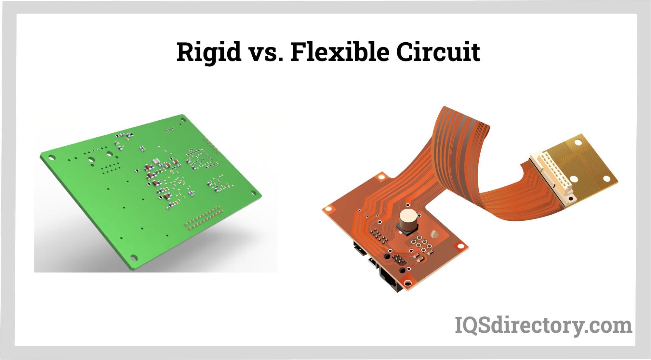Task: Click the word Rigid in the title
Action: click(209, 52)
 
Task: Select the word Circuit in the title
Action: click(438, 52)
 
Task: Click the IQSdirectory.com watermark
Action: click(543, 325)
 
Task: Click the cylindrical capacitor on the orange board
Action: click(407, 221)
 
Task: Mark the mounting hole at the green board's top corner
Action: click(182, 118)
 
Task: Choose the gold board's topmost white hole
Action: click(578, 143)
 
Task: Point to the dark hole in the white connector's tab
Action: click(570, 198)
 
